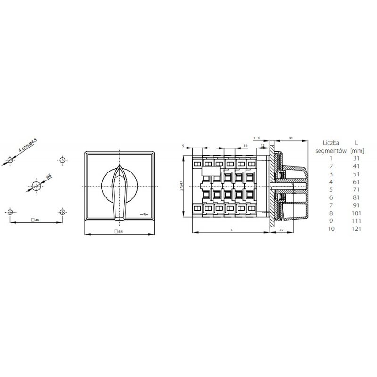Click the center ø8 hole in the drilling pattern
[x=36, y=185]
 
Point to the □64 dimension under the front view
[x=119, y=231]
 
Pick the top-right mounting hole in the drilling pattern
[x=62, y=160]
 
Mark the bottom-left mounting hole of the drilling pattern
[x=10, y=212]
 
